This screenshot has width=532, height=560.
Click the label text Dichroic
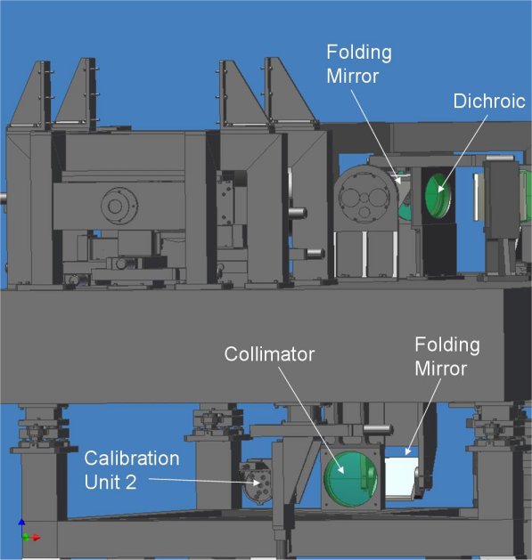pos(489,101)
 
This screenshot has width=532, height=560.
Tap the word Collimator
pos(269,354)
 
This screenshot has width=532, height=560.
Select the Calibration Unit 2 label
pos(132,470)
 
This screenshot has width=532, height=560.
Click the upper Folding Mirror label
pos(358,64)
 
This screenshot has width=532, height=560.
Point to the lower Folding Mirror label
pos(447,356)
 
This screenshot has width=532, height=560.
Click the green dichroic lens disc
pos(438,196)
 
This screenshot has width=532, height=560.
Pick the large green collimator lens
pos(350,479)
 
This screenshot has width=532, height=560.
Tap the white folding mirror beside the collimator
pos(400,477)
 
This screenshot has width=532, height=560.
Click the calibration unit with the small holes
pos(257,482)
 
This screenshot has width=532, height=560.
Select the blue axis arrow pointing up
pos(21,526)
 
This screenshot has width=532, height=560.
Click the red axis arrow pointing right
pos(34,538)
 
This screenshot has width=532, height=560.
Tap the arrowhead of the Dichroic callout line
pos(440,190)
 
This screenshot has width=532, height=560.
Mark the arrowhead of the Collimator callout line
pos(342,471)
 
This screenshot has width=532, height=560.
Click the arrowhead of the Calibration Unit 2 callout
pos(257,483)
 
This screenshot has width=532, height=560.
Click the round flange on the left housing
pos(119,206)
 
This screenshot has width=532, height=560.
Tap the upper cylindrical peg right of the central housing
pos(298,213)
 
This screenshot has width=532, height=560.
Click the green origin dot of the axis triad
pos(25,537)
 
